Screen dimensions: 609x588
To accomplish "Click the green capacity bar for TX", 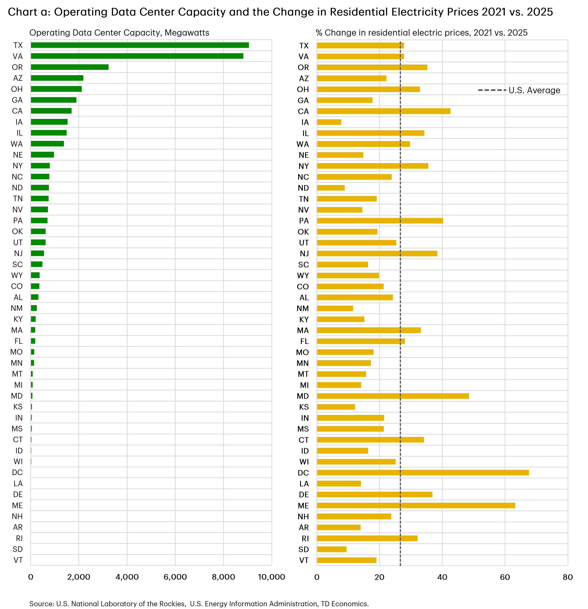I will (140, 45).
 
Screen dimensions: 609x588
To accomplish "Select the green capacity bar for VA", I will (137, 56).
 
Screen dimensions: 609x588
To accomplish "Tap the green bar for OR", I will (70, 67).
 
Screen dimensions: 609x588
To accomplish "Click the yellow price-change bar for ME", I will (416, 506).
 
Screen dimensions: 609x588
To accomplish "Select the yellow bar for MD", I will (393, 396).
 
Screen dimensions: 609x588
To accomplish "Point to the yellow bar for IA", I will (329, 122).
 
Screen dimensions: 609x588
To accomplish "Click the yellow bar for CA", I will (383, 111).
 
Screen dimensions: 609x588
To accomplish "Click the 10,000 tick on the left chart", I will (272, 577).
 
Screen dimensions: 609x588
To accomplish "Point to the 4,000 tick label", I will (127, 577).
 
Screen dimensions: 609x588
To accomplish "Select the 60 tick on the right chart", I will (505, 577).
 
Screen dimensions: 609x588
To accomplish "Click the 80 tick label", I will (567, 577).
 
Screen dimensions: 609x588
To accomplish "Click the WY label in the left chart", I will (17, 275).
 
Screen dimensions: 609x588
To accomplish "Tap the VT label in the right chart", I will (304, 560).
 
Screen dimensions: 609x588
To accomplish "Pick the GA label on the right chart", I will (303, 100).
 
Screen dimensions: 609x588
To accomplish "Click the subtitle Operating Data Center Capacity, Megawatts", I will (119, 33).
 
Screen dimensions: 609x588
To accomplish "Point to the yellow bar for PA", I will (380, 221).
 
